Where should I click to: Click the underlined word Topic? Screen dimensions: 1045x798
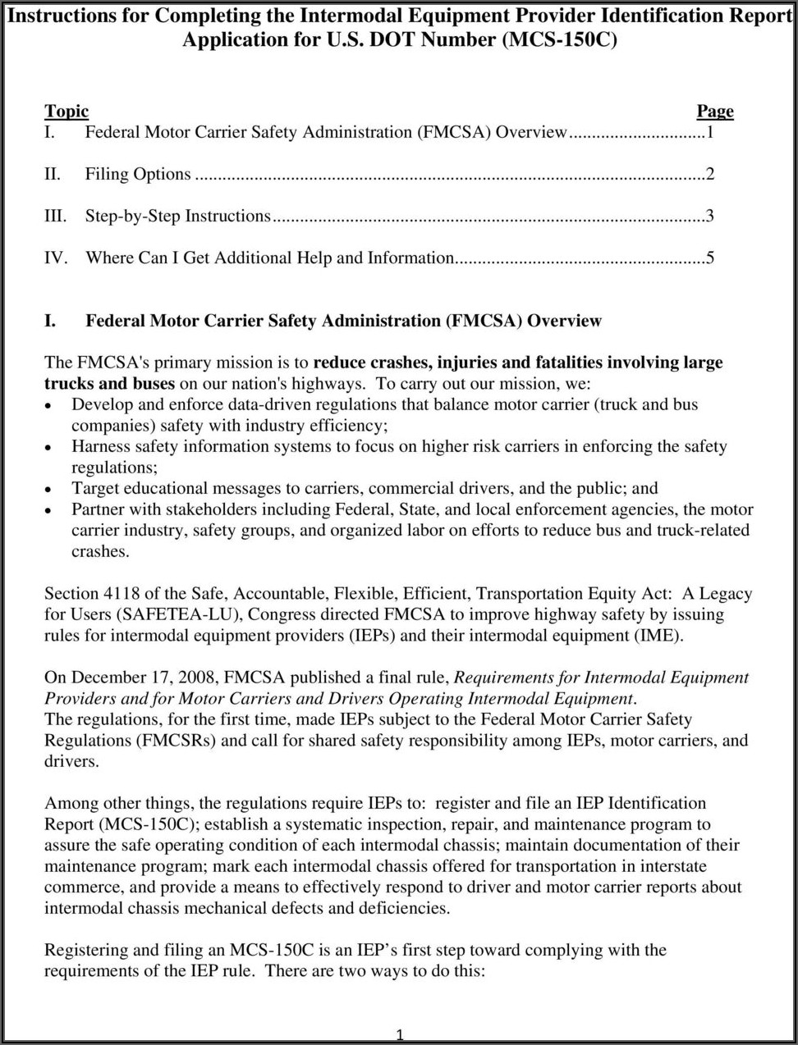point(66,112)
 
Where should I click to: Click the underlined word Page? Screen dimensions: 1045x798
point(714,112)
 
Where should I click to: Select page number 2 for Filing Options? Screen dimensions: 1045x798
point(709,174)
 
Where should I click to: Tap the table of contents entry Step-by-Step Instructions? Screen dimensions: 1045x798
point(177,217)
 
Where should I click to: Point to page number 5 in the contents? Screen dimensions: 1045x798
point(709,258)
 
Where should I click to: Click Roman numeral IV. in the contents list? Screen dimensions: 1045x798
point(55,258)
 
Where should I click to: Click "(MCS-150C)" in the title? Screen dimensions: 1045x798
point(560,39)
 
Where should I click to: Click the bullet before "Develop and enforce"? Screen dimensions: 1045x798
point(50,405)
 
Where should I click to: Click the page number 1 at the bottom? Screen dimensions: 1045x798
point(399,1035)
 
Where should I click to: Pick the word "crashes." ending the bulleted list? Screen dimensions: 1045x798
point(100,552)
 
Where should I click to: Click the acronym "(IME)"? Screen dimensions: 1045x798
point(658,636)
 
